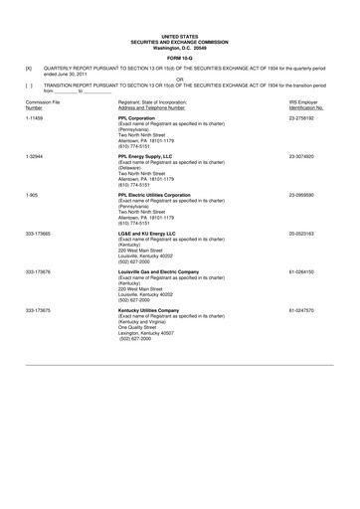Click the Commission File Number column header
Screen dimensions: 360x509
pyautogui.click(x=41, y=106)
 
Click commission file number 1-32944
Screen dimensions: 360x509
pyautogui.click(x=37, y=157)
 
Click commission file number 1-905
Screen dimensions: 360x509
pyautogui.click(x=33, y=195)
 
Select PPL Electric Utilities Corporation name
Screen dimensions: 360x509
pyautogui.click(x=162, y=195)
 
